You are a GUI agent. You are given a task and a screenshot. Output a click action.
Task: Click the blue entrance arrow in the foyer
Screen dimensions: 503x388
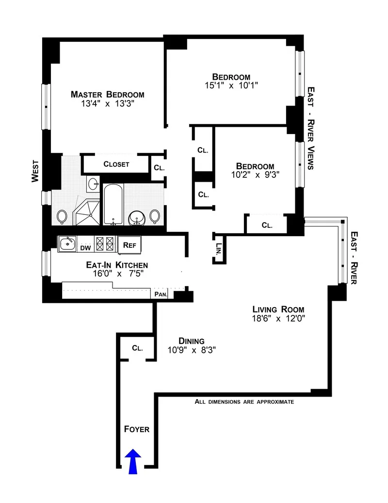[134, 461]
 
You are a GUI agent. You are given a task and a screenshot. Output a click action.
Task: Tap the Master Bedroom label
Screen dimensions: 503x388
[107, 94]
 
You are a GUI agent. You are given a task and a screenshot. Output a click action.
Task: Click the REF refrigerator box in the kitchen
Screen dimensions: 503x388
[129, 245]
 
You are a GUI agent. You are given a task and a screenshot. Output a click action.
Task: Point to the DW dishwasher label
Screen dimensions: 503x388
[85, 248]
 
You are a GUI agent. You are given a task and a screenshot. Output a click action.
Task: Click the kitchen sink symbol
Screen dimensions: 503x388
[67, 243]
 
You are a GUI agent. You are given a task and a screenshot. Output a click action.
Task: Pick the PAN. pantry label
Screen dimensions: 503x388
[161, 294]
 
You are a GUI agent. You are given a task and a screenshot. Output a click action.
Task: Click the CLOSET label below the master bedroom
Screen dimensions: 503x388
[116, 164]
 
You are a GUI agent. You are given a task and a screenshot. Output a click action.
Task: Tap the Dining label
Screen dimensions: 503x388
[191, 341]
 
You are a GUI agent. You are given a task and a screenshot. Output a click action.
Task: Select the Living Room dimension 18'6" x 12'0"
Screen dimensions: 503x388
[278, 319]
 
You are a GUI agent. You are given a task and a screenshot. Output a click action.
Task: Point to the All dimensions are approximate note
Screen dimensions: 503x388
[244, 402]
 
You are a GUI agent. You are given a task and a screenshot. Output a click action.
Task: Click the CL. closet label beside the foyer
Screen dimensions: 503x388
[137, 348]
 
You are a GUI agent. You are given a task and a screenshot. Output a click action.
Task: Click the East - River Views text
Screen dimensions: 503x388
[311, 128]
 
